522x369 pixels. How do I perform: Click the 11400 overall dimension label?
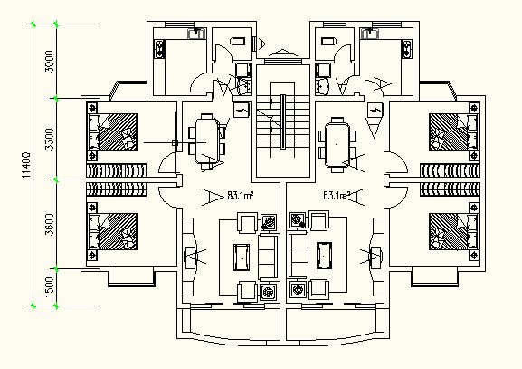pyautogui.click(x=26, y=165)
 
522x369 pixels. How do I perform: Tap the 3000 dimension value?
pyautogui.click(x=49, y=61)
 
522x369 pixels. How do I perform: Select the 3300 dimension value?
pyautogui.click(x=49, y=140)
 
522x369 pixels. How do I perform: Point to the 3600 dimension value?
pyautogui.click(x=49, y=225)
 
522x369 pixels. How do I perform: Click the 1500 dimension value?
pyautogui.click(x=49, y=287)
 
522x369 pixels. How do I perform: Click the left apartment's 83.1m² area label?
pyautogui.click(x=241, y=195)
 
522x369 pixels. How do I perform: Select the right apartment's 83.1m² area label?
pyautogui.click(x=337, y=195)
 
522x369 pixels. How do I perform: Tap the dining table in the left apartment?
pyautogui.click(x=207, y=141)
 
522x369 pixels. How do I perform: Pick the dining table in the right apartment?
pyautogui.click(x=337, y=144)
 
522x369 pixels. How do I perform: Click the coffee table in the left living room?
pyautogui.click(x=242, y=257)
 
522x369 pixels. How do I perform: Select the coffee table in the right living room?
pyautogui.click(x=324, y=256)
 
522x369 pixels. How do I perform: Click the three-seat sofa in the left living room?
pyautogui.click(x=269, y=257)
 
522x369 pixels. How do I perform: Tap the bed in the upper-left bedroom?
pyautogui.click(x=112, y=131)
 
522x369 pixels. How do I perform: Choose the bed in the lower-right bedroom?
pyautogui.click(x=453, y=231)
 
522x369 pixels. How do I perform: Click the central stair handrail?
pyautogui.click(x=283, y=121)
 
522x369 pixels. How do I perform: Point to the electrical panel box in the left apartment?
pyautogui.click(x=242, y=110)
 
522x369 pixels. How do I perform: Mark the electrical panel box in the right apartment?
pyautogui.click(x=375, y=110)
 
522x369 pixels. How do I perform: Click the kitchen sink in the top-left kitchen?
pyautogui.click(x=196, y=34)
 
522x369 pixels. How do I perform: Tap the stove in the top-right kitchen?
pyautogui.click(x=407, y=49)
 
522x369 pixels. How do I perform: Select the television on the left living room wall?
pyautogui.click(x=190, y=257)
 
